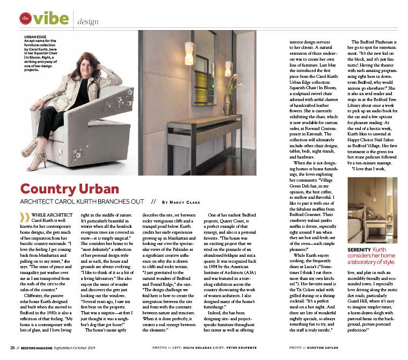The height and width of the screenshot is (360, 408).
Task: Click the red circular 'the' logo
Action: pos(25,19)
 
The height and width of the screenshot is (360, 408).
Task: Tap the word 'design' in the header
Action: pos(88,22)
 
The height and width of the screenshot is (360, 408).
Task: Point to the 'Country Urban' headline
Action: pos(70,189)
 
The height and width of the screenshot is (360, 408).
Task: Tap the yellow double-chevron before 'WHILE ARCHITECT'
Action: pos(24,218)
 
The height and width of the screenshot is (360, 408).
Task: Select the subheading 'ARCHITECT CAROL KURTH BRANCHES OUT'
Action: pos(82,201)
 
